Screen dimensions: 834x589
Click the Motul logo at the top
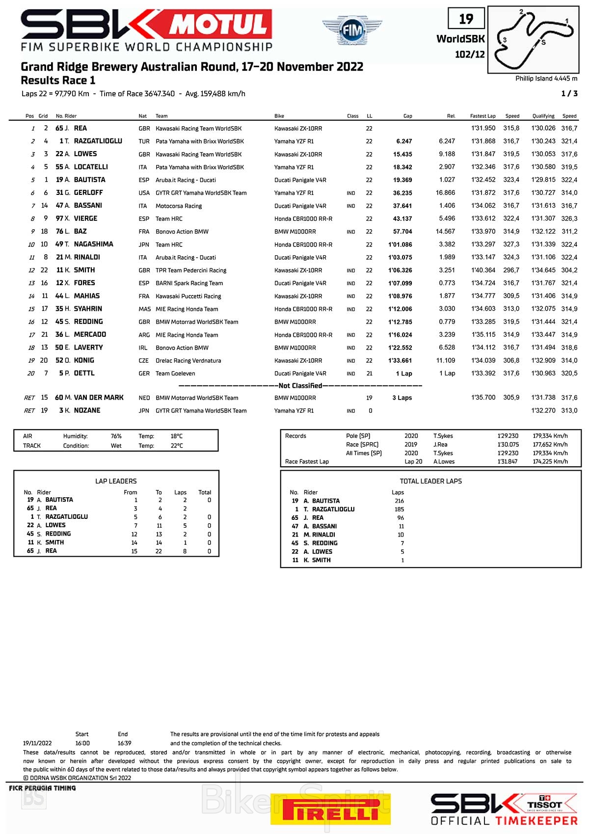pyautogui.click(x=220, y=24)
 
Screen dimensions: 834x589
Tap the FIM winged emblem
pyautogui.click(x=352, y=30)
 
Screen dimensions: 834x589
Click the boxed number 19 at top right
pyautogui.click(x=466, y=19)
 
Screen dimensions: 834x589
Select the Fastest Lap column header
pyautogui.click(x=482, y=116)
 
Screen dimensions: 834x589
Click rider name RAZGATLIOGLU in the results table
pyautogui.click(x=98, y=141)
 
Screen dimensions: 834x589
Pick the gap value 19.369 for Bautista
pyautogui.click(x=402, y=180)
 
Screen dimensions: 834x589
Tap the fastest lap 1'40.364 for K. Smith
pyautogui.click(x=483, y=270)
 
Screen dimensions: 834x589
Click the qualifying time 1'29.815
pyautogui.click(x=543, y=180)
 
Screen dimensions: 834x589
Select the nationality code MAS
pyautogui.click(x=144, y=309)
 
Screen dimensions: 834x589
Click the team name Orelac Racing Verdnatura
pyautogui.click(x=188, y=361)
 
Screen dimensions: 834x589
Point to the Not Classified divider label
pyautogui.click(x=300, y=386)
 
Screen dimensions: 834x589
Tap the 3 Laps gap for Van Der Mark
pyautogui.click(x=402, y=398)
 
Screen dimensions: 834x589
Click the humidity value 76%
pyautogui.click(x=116, y=436)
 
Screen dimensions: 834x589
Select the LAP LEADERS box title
pyautogui.click(x=116, y=482)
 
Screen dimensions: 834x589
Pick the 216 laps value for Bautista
pyautogui.click(x=399, y=501)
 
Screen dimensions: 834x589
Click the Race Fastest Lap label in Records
pyautogui.click(x=307, y=462)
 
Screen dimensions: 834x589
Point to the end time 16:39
pyautogui.click(x=124, y=743)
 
